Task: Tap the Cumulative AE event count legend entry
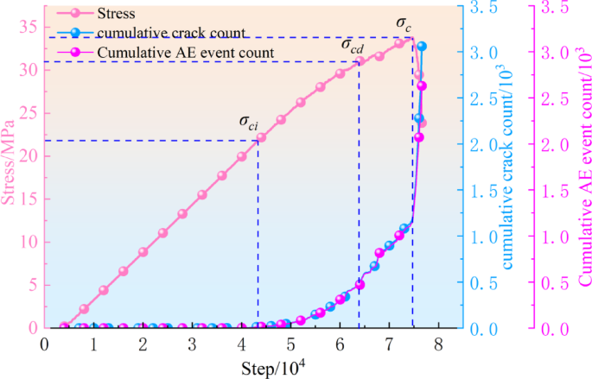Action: (186, 53)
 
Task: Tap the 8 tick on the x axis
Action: (438, 344)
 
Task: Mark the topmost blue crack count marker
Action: (422, 46)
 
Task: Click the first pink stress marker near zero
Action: (64, 326)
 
